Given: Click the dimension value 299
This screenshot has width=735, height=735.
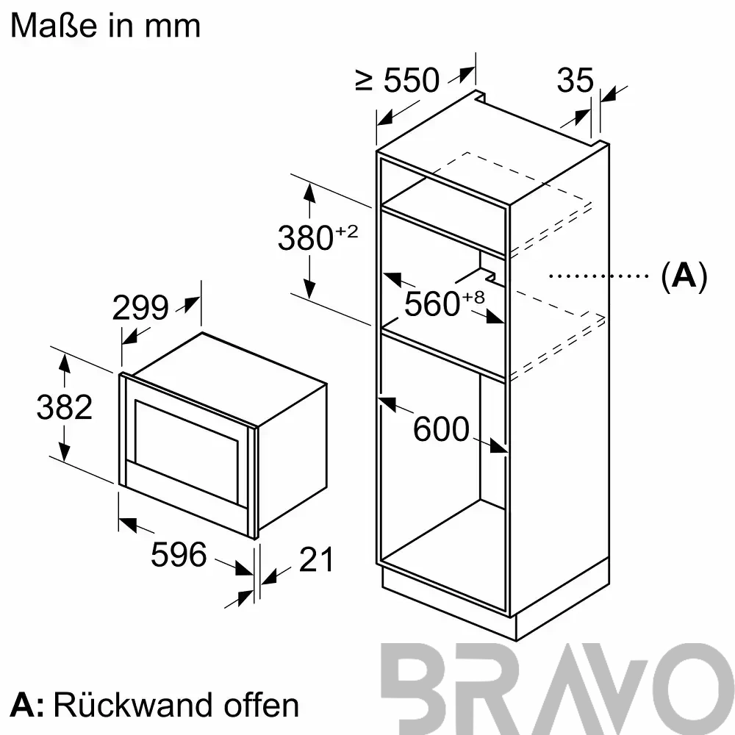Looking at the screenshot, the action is pyautogui.click(x=140, y=307).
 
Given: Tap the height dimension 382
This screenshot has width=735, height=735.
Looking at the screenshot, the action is pyautogui.click(x=65, y=407).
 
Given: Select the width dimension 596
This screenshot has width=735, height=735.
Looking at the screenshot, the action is pyautogui.click(x=179, y=554).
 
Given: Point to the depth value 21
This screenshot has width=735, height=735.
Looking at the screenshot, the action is pyautogui.click(x=316, y=559).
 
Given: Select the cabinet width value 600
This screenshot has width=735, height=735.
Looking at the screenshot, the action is pyautogui.click(x=441, y=429).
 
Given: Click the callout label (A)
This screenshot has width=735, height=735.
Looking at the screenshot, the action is pyautogui.click(x=684, y=276).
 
